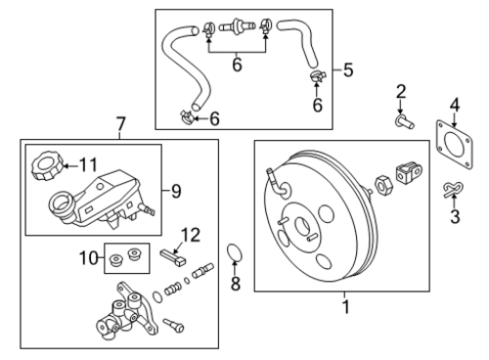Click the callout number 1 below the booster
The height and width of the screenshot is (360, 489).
click(346, 307)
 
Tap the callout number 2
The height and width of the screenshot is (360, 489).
click(401, 92)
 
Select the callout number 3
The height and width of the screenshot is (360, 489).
click(455, 216)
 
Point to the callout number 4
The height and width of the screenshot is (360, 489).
click(455, 106)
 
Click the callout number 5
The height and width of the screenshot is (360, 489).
click(348, 70)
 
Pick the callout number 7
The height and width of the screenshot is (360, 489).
click(120, 125)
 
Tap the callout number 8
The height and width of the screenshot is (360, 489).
click(236, 283)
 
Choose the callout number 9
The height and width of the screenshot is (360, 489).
click(176, 191)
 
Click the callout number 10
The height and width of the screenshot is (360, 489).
click(89, 258)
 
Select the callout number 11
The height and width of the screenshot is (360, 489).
click(88, 165)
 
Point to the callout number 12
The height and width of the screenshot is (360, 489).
click(191, 235)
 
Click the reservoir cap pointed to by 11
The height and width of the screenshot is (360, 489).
click(47, 165)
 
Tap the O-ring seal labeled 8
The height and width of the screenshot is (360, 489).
click(235, 252)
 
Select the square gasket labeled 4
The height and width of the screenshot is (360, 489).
click(454, 145)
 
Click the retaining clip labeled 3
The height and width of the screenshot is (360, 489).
click(453, 189)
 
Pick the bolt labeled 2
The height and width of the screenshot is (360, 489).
click(404, 122)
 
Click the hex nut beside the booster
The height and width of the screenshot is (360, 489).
click(384, 185)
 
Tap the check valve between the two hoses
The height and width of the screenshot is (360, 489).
click(237, 25)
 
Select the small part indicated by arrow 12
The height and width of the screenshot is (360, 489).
click(173, 258)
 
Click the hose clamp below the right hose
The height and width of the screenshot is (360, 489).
click(317, 76)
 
